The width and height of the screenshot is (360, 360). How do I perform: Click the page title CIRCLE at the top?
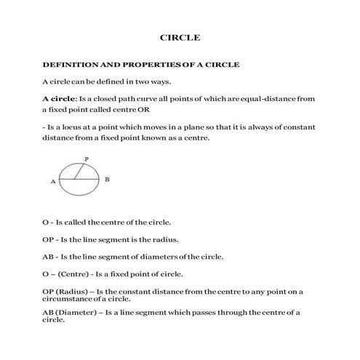click(180, 36)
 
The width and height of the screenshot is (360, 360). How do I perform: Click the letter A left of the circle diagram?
click(53, 183)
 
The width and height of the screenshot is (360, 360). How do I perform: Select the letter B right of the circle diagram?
click(108, 180)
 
